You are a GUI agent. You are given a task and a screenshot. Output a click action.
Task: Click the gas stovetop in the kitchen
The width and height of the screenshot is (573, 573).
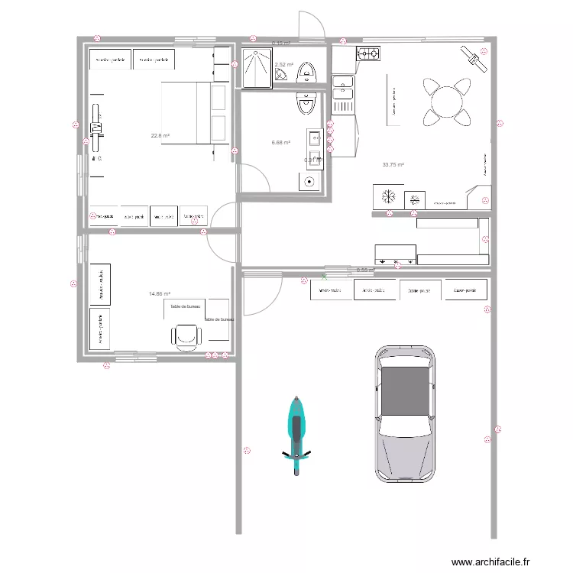(368, 54)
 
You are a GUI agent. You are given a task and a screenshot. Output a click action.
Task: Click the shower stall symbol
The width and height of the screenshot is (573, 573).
(256, 68)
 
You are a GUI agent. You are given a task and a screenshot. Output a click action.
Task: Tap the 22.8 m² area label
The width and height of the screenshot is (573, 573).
(160, 136)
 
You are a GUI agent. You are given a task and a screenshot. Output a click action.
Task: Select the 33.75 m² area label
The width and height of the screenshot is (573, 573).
(393, 164)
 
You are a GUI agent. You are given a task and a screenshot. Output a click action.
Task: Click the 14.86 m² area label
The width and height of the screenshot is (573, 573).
(159, 293)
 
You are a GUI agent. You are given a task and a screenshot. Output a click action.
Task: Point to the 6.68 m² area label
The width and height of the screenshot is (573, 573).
(280, 142)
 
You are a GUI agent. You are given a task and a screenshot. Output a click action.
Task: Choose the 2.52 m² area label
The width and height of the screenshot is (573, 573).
(284, 65)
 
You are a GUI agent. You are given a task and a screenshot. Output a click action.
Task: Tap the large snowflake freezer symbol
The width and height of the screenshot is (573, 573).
(387, 196)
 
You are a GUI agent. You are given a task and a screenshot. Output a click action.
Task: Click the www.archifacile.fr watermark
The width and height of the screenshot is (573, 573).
(490, 562)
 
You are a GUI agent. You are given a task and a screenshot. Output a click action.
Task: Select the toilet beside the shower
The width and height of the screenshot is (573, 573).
(307, 72)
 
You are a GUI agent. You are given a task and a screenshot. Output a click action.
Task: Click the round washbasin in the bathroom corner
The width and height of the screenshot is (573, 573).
(309, 182)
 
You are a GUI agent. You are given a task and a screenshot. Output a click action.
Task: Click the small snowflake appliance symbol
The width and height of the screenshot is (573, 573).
(415, 199)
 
